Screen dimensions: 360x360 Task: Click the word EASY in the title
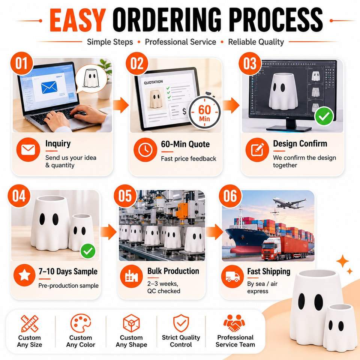78,20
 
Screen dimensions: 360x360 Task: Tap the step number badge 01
22,63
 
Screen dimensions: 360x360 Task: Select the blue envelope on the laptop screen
49,87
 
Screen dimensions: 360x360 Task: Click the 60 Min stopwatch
204,112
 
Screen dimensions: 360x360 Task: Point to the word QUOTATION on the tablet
153,82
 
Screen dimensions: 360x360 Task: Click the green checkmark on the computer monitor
324,116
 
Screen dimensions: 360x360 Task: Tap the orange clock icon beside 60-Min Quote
145,150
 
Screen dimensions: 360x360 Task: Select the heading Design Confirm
300,144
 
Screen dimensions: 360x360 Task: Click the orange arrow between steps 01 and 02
121,105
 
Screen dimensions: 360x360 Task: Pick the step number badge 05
125,196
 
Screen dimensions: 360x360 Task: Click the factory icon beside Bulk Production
131,276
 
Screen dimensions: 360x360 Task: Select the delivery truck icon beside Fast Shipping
232,276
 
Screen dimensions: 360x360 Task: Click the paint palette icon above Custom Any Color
81,323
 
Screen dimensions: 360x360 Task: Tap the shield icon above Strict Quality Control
181,323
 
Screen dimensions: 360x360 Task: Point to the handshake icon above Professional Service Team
234,323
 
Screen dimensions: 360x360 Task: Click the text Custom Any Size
29,341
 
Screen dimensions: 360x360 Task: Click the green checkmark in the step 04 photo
88,251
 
